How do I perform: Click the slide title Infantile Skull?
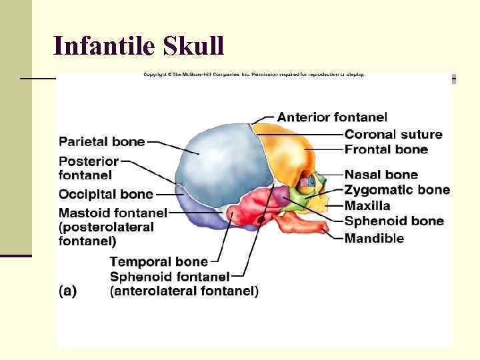139,45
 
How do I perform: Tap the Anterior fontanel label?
331,117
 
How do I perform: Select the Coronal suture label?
393,134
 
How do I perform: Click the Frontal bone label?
386,149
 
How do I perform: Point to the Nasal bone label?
381,175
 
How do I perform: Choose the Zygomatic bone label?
397,190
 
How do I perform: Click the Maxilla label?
367,206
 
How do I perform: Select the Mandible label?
374,238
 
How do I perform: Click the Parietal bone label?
101,141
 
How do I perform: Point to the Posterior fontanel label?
89,168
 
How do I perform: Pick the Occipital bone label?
106,195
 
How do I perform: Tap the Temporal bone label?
159,261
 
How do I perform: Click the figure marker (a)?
67,291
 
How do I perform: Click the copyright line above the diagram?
254,75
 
